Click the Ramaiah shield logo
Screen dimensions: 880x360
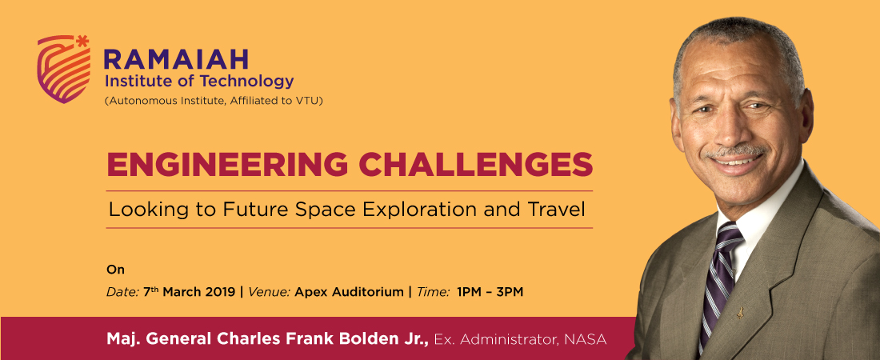click(63, 70)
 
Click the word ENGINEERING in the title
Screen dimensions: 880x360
click(226, 165)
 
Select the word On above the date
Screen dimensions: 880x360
click(116, 270)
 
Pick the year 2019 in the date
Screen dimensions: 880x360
click(221, 292)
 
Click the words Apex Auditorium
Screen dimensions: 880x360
click(349, 292)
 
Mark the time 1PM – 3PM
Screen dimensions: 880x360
click(490, 292)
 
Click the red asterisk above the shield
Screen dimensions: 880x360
click(82, 41)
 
